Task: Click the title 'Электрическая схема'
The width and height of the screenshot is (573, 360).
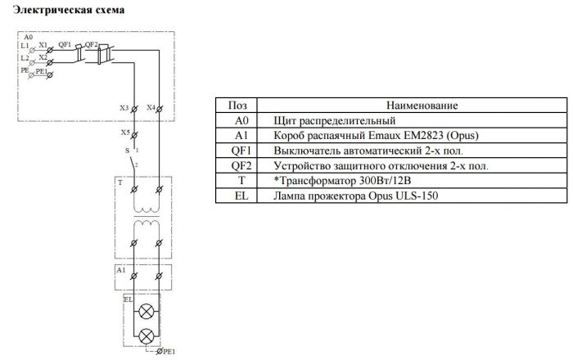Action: [69, 10]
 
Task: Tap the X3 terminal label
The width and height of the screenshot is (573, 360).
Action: [124, 108]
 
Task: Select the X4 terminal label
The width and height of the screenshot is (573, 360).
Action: [151, 107]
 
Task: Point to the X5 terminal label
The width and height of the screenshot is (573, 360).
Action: [125, 133]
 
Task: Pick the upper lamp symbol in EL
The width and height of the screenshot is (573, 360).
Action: [147, 312]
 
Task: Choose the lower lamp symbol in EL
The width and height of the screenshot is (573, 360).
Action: [147, 336]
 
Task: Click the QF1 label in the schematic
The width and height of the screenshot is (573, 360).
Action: [65, 44]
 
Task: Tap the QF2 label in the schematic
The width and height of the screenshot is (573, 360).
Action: [92, 44]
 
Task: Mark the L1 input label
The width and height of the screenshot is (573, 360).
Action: [25, 46]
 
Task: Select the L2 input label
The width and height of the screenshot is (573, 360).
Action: [25, 58]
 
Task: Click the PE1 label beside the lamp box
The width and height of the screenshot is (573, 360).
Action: [169, 352]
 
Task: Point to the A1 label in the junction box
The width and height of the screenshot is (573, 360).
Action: [121, 270]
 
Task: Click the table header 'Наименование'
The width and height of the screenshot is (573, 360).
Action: [422, 106]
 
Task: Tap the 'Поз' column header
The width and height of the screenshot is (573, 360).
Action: [237, 106]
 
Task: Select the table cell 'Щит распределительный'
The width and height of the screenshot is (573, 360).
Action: [334, 121]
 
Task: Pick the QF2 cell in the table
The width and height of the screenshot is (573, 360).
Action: [241, 166]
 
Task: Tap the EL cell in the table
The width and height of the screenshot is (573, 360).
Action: [241, 196]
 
